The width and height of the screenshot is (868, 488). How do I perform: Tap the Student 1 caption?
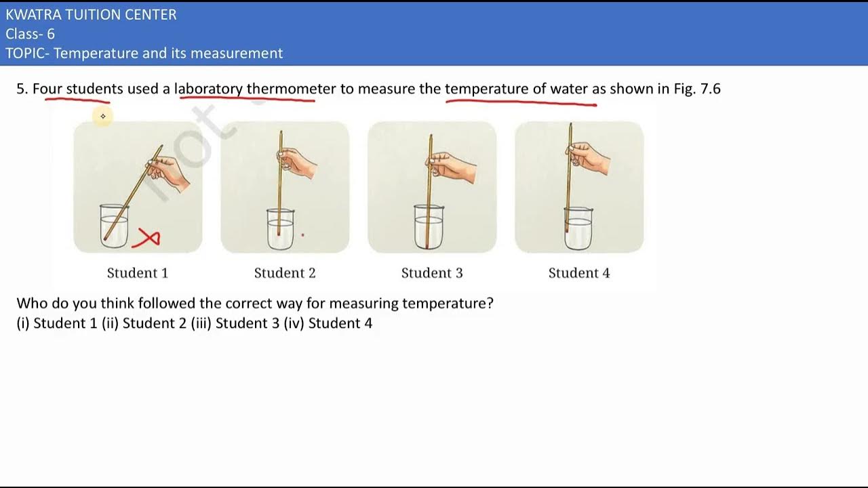138,273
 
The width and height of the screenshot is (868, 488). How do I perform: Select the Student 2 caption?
285,273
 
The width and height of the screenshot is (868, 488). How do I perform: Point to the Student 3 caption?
432,273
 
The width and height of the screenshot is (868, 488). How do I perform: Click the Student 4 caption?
579,273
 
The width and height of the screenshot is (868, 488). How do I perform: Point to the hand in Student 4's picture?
591,159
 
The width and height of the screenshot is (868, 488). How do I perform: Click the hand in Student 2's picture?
297,162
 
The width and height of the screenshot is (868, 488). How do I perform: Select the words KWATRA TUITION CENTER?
91,15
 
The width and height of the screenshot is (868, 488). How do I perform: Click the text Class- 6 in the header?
31,34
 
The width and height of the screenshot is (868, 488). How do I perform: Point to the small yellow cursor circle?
103,117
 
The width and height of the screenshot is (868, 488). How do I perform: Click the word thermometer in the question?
291,89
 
